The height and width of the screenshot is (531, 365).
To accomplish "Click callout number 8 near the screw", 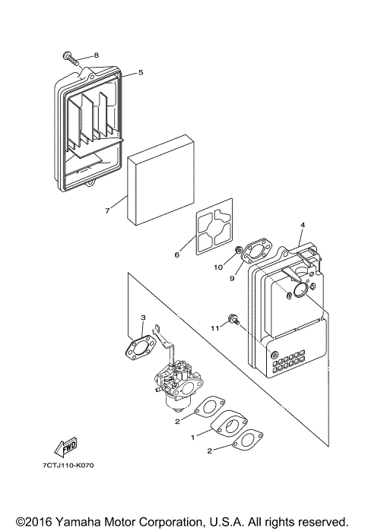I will [x=97, y=55].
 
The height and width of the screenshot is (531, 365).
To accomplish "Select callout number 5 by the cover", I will [x=140, y=73].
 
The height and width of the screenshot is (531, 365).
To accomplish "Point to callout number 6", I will [x=176, y=255].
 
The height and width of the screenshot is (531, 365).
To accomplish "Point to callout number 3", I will [x=142, y=317].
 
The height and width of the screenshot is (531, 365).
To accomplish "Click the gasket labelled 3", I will [x=141, y=346].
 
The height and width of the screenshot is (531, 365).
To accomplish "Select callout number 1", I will [x=193, y=438].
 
